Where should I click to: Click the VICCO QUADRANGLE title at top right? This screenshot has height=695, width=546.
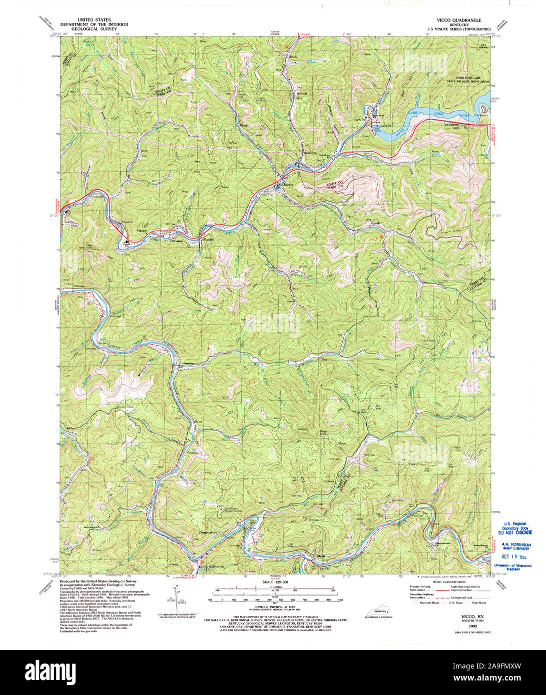(458, 20)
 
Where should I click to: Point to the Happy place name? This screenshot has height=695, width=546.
(142, 231)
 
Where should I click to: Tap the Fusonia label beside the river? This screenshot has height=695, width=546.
(189, 363)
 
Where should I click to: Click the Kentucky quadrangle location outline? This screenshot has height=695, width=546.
(379, 611)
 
